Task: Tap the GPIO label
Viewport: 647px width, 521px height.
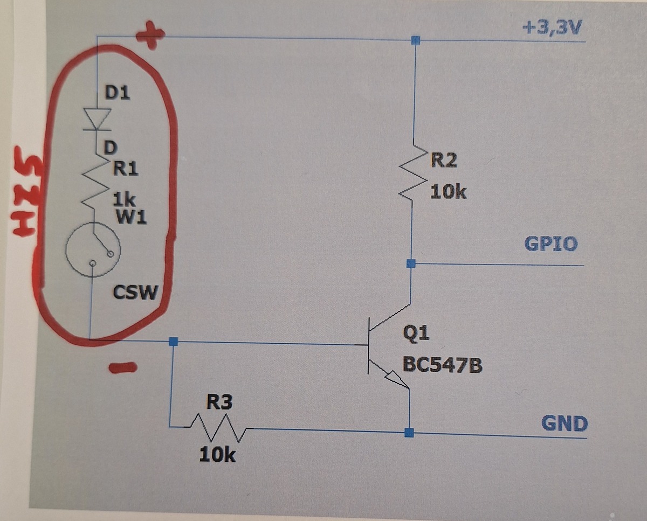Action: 550,244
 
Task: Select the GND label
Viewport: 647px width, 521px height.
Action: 564,423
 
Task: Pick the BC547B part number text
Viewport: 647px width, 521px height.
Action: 443,366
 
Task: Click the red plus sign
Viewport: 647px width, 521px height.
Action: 150,37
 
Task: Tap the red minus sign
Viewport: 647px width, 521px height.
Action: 122,368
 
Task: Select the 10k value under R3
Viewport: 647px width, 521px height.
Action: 217,455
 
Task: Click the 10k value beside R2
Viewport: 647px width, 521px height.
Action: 448,192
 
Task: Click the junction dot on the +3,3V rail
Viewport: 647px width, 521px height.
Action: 415,40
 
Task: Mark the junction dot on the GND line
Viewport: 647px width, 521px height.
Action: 409,432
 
